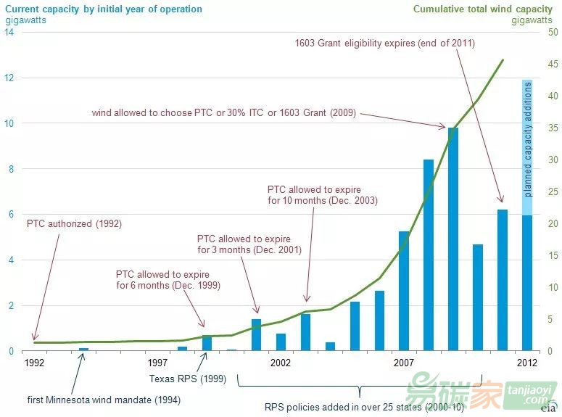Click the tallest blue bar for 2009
coord(453,239)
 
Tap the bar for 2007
coord(404,291)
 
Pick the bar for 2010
coord(478,297)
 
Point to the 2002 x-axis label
coord(281,362)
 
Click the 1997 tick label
coord(157,362)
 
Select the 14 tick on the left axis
coord(8,33)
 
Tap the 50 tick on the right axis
coord(553,33)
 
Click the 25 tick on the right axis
coord(553,192)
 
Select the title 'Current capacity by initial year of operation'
coord(104,9)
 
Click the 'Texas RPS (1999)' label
coord(188,379)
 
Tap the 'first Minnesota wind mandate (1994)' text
coord(104,400)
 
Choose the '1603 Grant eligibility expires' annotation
coord(384,44)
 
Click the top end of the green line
coord(503,60)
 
